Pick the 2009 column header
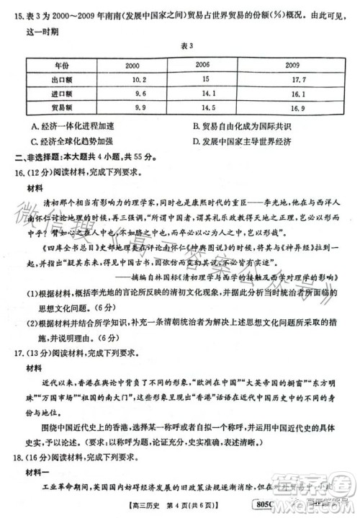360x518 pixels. (291, 65)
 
